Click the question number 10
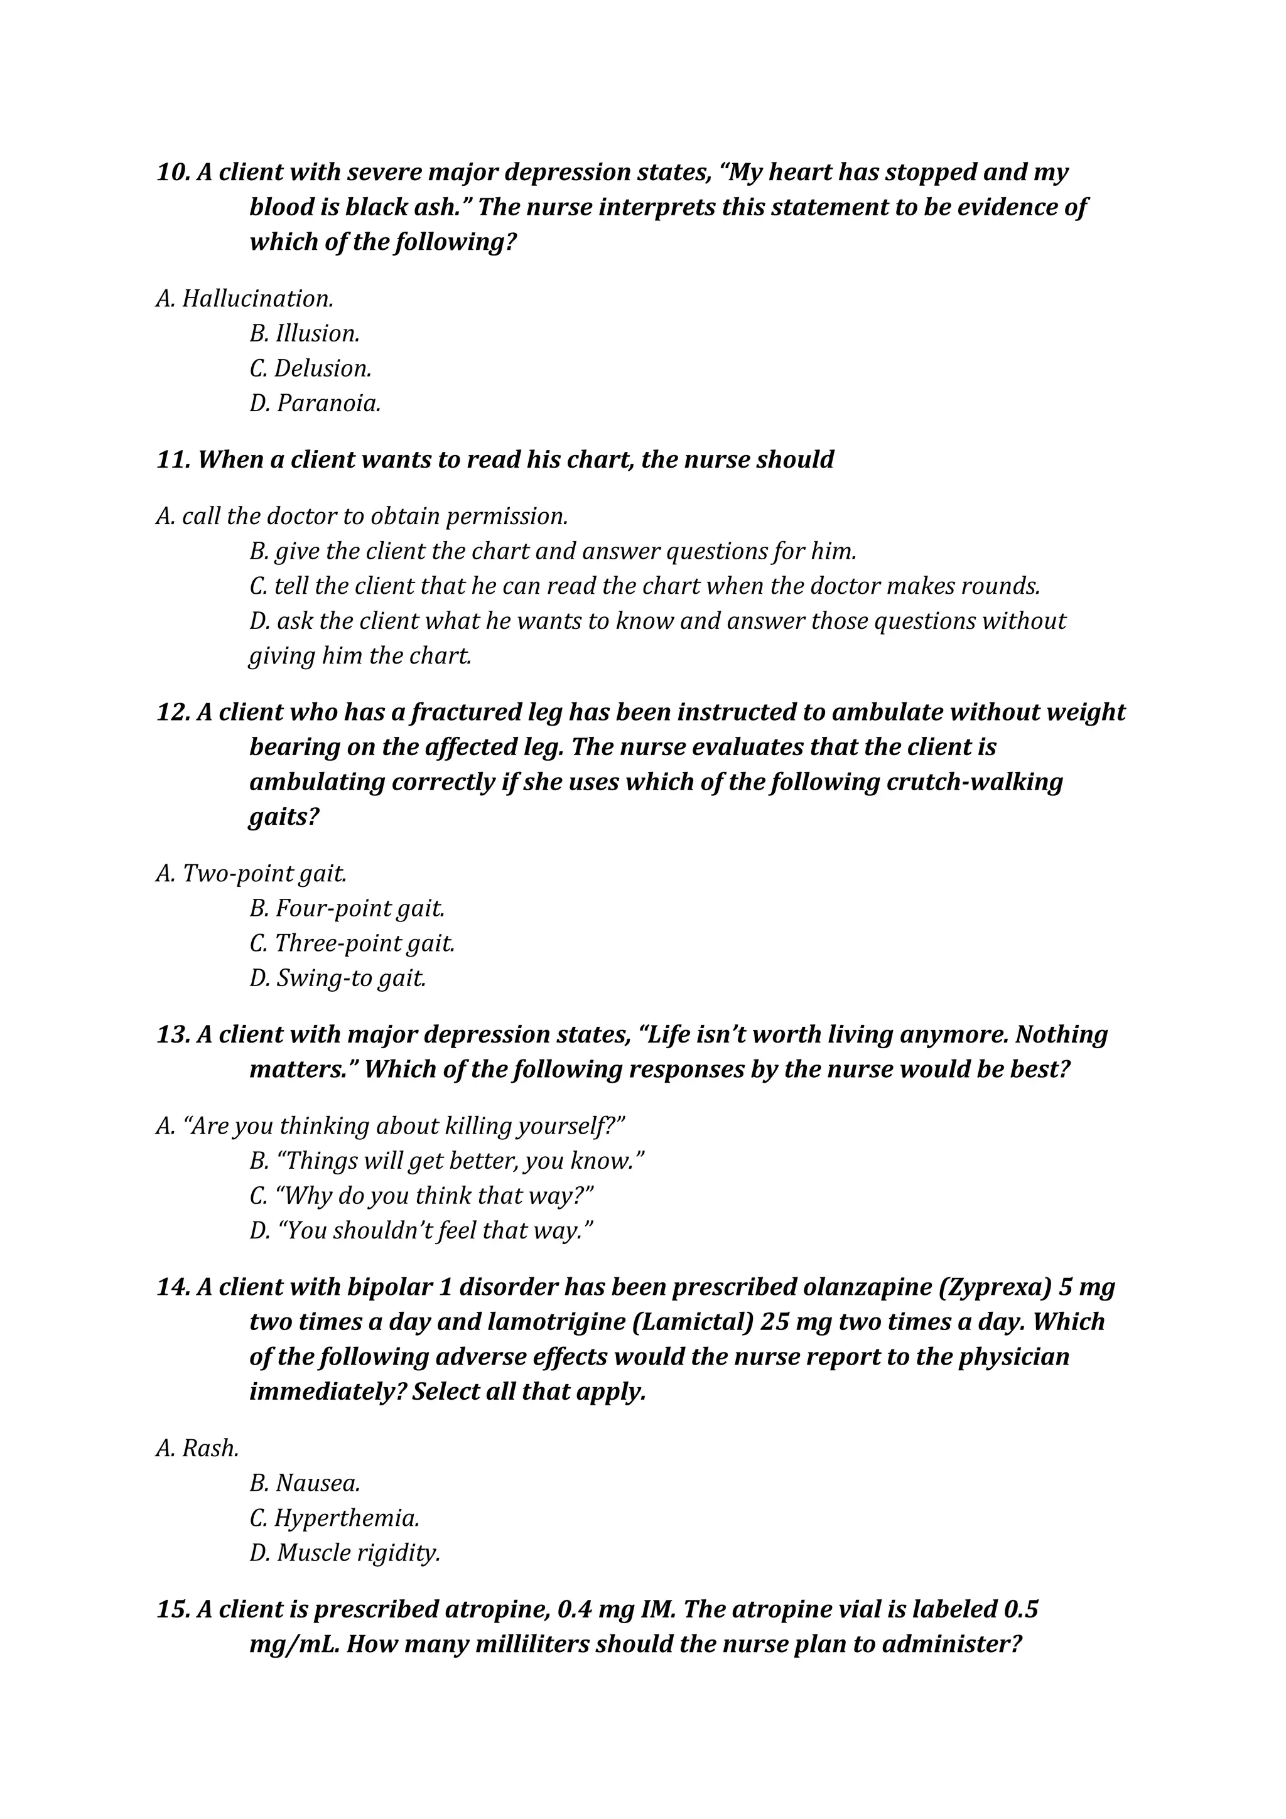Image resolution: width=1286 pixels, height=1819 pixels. pos(173,173)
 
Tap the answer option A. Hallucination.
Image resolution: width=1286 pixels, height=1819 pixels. pos(244,299)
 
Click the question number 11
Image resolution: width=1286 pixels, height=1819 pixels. pos(173,459)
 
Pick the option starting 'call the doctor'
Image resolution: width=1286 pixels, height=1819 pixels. pos(362,517)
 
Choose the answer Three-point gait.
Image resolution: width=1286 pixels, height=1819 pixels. pos(352,943)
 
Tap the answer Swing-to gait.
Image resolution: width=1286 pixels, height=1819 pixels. pos(338,979)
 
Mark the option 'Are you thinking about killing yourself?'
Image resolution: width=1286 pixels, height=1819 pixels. pos(391,1126)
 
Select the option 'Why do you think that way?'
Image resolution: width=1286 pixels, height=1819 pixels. pos(421,1196)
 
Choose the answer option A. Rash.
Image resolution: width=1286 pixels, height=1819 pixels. pos(197,1448)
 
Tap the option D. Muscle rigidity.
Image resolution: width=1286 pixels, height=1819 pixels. pos(345,1553)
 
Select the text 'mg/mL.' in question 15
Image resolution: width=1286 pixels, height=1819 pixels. pos(294,1645)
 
